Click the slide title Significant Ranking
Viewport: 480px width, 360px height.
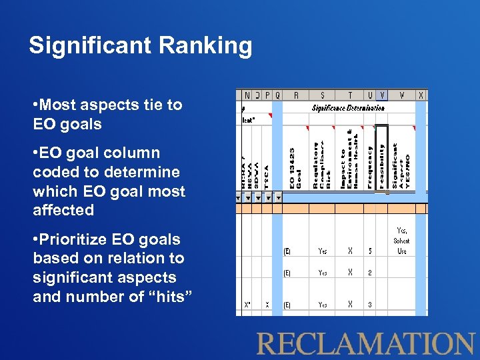[141, 46]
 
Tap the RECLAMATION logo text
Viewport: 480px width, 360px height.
[366, 344]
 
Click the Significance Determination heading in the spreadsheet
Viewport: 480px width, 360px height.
[348, 107]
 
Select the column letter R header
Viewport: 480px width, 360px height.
[295, 95]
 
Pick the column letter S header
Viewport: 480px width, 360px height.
[323, 95]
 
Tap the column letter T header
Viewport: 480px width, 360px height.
[350, 95]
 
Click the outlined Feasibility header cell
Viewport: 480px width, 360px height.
[381, 159]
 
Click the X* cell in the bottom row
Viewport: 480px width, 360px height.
[247, 305]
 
